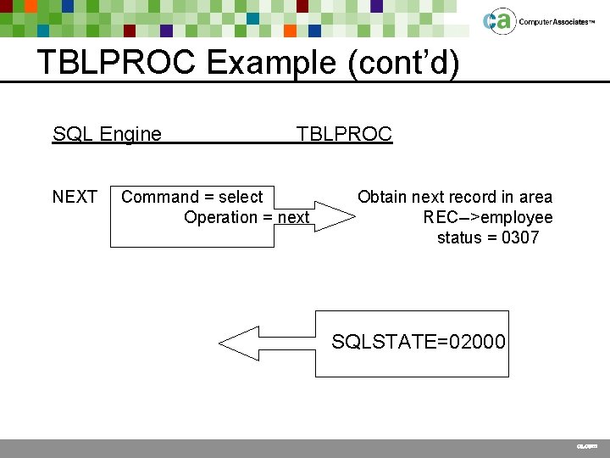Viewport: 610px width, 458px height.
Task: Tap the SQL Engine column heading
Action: point(107,134)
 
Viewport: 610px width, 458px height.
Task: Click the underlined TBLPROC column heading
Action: point(344,134)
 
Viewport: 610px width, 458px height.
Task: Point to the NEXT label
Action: point(75,198)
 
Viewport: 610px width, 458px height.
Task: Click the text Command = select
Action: point(192,198)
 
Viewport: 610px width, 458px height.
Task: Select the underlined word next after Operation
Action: point(294,218)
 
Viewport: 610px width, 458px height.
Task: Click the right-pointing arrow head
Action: point(335,217)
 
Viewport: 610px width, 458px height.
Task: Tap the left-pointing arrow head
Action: point(237,343)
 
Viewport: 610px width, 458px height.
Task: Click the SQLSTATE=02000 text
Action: point(419,343)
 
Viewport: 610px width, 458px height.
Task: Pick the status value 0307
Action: point(520,238)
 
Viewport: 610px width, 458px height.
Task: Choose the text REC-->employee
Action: point(488,218)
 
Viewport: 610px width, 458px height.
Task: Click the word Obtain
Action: point(381,198)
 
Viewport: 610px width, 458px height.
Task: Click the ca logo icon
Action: point(498,21)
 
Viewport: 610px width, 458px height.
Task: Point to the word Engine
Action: point(130,134)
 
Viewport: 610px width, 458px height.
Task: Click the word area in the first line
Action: point(534,198)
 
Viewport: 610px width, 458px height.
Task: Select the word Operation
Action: point(227,218)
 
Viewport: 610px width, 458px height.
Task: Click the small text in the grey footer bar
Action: point(586,446)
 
